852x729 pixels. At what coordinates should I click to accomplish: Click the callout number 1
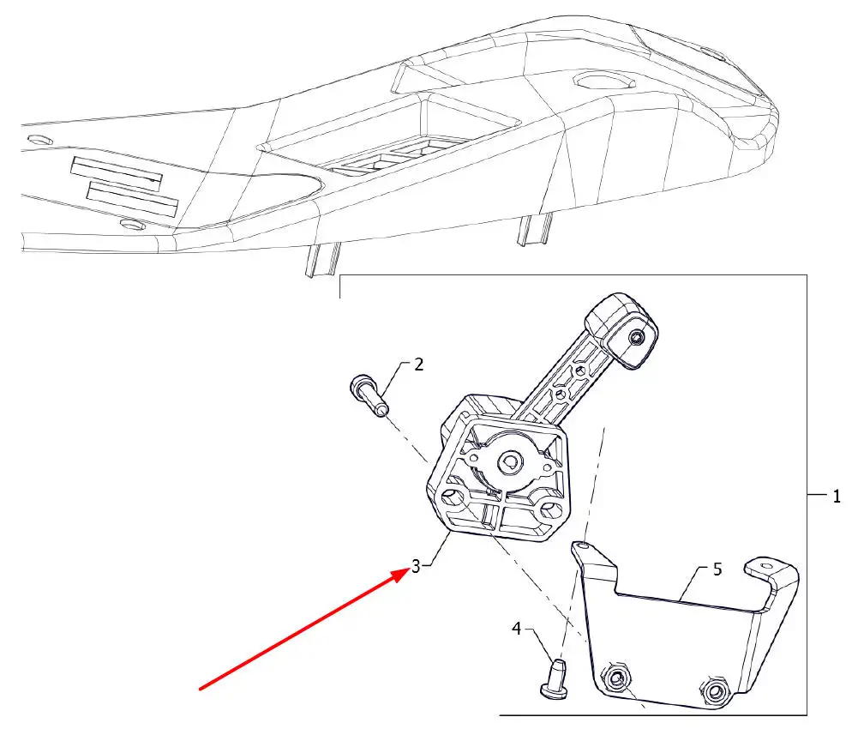tap(837, 497)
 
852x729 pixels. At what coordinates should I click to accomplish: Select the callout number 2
tap(418, 364)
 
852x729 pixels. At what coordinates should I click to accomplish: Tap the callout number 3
tap(416, 566)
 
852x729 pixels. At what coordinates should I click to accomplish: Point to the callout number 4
tap(516, 629)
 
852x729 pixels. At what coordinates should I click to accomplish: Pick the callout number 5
tap(717, 569)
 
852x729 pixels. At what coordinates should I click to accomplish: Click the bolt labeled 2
tap(369, 395)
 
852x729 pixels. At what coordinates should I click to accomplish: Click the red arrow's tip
tap(410, 569)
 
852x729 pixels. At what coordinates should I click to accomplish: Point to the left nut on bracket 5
tap(616, 678)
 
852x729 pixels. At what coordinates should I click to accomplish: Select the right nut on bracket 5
tap(713, 690)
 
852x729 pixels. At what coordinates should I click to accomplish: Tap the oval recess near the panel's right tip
tap(604, 81)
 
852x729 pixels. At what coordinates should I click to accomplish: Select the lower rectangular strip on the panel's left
tap(133, 199)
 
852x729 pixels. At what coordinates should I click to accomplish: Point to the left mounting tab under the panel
tap(324, 259)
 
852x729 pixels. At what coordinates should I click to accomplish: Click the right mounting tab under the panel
tap(536, 230)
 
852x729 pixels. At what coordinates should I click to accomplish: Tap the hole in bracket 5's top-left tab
tap(583, 545)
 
